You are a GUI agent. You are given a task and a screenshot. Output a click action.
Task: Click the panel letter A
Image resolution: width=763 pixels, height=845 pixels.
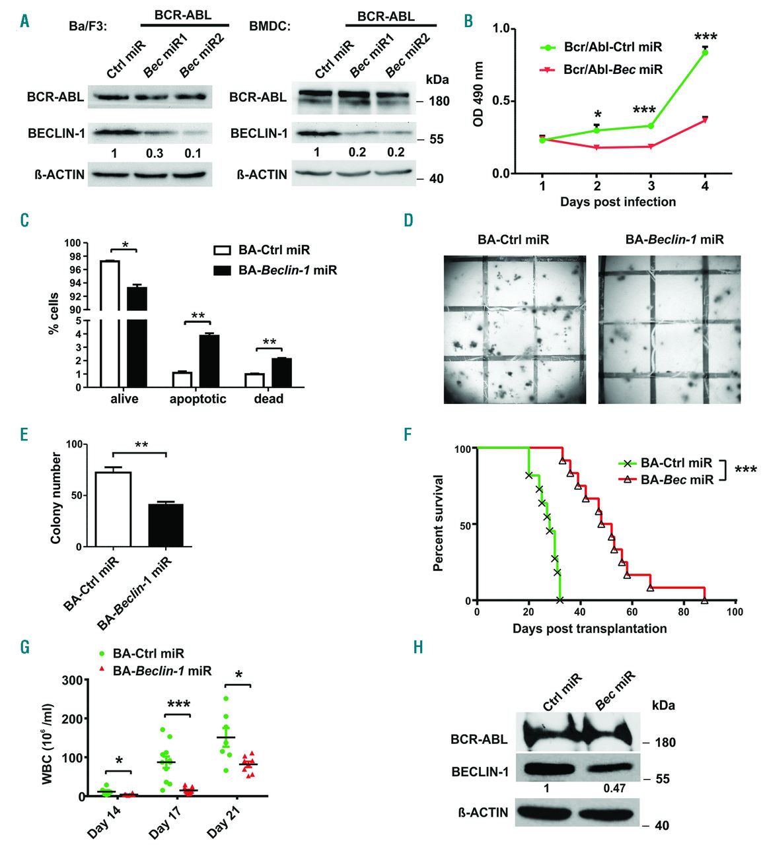pos(24,21)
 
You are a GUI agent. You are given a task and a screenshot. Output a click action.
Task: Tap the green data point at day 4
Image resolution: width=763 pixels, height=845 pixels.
pos(705,52)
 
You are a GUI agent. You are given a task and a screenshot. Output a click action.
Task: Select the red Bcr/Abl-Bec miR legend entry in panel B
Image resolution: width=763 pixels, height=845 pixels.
pos(600,69)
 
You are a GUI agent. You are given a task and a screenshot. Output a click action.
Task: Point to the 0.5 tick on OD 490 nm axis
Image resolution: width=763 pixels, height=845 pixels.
pos(505,101)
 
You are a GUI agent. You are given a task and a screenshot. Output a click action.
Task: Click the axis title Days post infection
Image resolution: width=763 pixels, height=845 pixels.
pos(618,202)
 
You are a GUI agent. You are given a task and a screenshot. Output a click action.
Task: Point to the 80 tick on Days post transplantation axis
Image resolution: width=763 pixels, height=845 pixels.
pos(684,612)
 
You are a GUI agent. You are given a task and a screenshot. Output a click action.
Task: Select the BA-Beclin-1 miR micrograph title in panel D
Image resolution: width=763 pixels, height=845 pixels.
pos(674,239)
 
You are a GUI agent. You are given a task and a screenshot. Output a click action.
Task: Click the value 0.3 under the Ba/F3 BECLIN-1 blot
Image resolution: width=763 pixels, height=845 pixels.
pos(155,153)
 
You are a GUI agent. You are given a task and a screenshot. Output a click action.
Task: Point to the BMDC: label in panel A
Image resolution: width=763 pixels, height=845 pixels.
pos(270,27)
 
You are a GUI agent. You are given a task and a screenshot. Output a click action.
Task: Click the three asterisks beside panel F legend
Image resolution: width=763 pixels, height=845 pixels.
pos(746,470)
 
